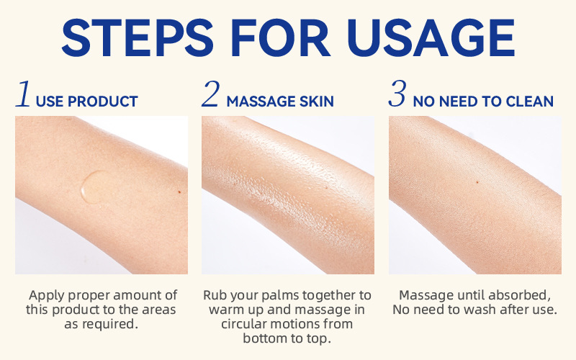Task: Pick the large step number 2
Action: pyautogui.click(x=210, y=96)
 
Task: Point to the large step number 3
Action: pyautogui.click(x=397, y=96)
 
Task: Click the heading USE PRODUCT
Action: pyautogui.click(x=86, y=102)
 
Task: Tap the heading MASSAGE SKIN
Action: pyautogui.click(x=280, y=102)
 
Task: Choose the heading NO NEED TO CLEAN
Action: pyautogui.click(x=483, y=102)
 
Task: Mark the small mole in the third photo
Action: pyautogui.click(x=477, y=181)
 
